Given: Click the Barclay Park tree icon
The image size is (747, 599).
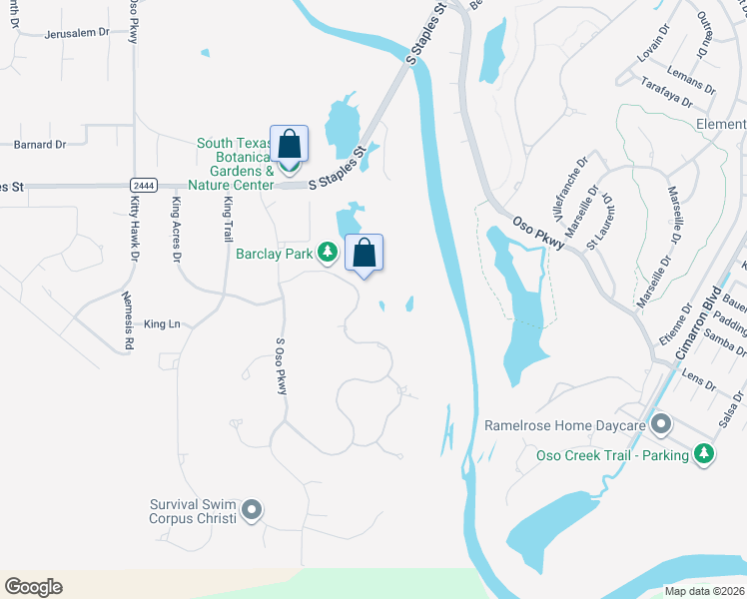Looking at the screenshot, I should click(327, 253).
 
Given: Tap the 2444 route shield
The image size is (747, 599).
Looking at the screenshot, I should click(143, 186).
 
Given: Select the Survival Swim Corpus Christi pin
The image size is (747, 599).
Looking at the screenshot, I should click(252, 511).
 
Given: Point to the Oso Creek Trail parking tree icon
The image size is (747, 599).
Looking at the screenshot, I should click(706, 455).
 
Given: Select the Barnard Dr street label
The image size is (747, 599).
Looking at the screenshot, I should click(40, 145).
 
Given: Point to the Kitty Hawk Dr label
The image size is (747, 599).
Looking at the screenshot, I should click(134, 228).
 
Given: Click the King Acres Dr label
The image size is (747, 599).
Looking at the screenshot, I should click(177, 230).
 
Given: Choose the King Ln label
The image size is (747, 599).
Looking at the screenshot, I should click(162, 324).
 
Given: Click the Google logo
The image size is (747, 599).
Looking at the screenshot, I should click(33, 587).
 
